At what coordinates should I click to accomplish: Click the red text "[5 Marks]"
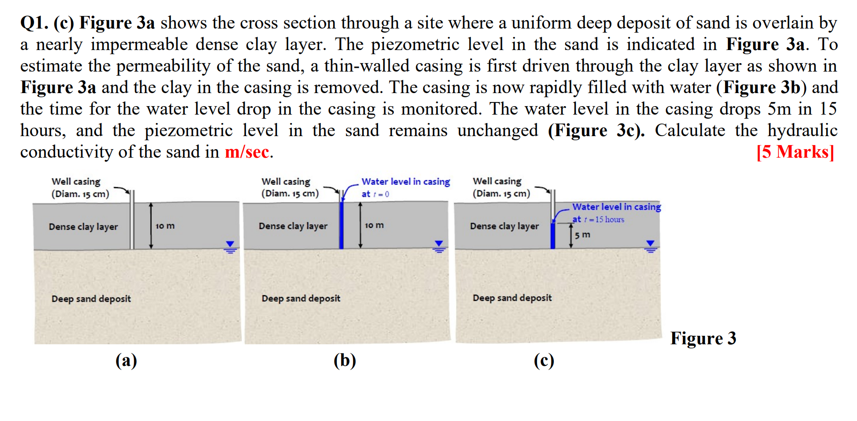(795, 152)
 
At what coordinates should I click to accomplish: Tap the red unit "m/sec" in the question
(247, 152)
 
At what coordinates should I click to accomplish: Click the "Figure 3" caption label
(703, 338)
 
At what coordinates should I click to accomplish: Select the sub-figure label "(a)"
(126, 360)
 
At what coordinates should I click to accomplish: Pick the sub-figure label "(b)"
(345, 360)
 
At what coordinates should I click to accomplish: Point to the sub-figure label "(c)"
(544, 360)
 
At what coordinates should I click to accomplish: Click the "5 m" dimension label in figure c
(582, 234)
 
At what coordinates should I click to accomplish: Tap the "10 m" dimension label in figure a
(165, 226)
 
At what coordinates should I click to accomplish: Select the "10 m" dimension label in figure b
(374, 225)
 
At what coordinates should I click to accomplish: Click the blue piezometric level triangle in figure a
(230, 244)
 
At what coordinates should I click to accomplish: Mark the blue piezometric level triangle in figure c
(650, 243)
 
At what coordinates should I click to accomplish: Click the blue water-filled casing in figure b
(341, 225)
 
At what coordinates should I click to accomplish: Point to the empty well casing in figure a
(132, 220)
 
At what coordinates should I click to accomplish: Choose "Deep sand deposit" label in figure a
(91, 298)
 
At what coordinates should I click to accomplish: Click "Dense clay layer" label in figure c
(504, 226)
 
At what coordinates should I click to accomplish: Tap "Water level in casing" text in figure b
(406, 181)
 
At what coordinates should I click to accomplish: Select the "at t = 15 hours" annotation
(598, 219)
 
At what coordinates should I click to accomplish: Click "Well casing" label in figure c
(497, 181)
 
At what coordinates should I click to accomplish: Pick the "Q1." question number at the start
(34, 22)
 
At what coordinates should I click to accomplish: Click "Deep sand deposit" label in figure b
(301, 298)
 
